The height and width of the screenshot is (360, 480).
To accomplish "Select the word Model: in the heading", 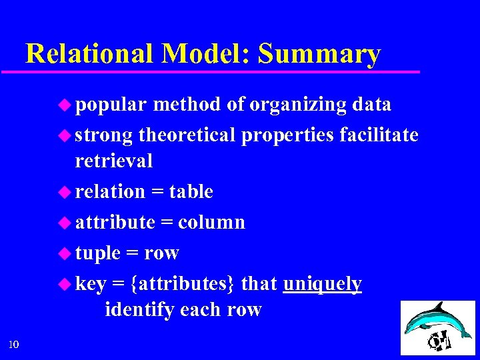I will click(203, 53).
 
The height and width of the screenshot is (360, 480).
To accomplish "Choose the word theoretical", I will click(187, 135).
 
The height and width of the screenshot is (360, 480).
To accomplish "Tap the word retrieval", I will click(114, 161).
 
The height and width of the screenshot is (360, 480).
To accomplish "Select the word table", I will click(191, 192).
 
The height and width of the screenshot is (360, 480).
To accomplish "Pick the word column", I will click(212, 222).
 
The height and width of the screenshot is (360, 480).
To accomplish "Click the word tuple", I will click(97, 253).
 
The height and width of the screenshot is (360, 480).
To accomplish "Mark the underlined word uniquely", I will click(323, 284).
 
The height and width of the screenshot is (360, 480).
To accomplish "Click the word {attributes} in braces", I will click(183, 284).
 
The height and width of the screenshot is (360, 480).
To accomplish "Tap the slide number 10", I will click(14, 344).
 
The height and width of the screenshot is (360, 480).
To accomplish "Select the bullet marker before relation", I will click(65, 192).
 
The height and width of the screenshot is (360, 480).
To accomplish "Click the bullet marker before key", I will click(65, 284).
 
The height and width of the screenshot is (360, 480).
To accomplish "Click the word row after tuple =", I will click(161, 253).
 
